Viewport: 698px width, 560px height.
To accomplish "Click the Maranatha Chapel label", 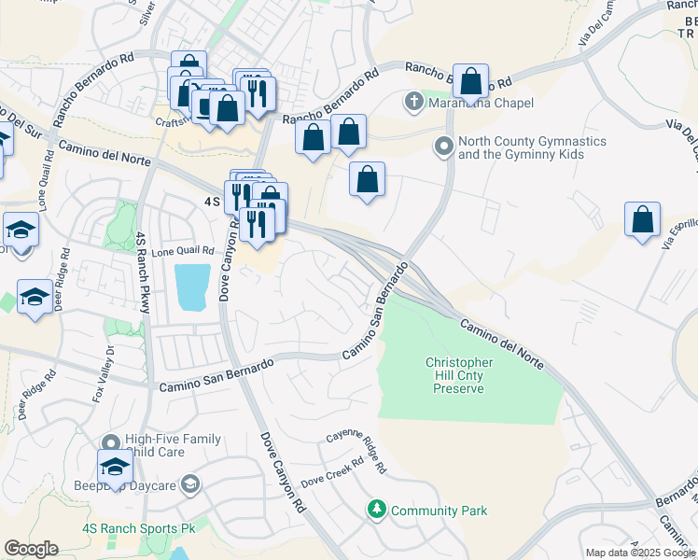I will pyautogui.click(x=481, y=103).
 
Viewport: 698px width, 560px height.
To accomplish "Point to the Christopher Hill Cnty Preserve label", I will pyautogui.click(x=458, y=375).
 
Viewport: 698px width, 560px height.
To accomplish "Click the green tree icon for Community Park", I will pyautogui.click(x=377, y=510).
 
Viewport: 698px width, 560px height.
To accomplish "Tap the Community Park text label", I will pyautogui.click(x=439, y=511).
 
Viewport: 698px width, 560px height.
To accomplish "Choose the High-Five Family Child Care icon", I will pyautogui.click(x=111, y=441).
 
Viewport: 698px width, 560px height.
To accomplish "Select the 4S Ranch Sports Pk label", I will pyautogui.click(x=138, y=528).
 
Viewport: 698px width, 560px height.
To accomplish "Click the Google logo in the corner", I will pyautogui.click(x=31, y=549).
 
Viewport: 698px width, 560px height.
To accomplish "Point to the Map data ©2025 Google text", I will pyautogui.click(x=640, y=553).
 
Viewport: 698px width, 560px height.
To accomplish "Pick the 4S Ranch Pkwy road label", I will pyautogui.click(x=142, y=265).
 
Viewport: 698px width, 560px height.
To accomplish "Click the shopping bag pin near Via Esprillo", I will pyautogui.click(x=643, y=220).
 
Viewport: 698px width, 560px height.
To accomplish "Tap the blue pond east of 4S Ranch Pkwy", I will pyautogui.click(x=191, y=287).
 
